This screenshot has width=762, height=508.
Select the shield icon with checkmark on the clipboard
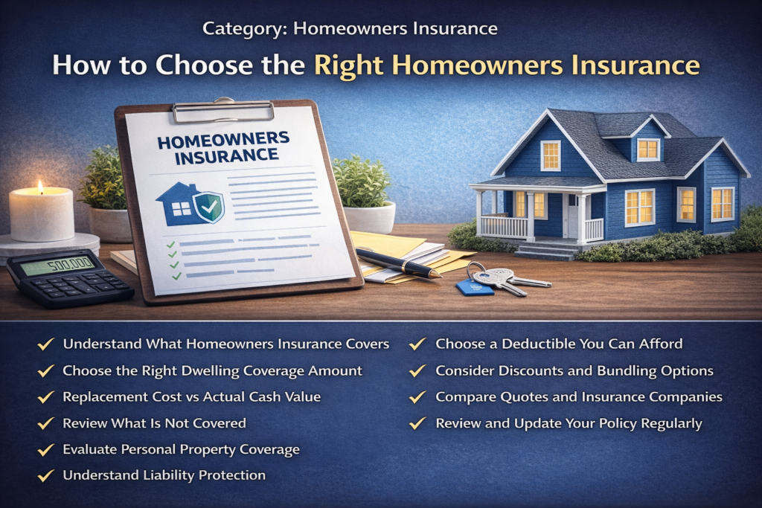[x=208, y=204]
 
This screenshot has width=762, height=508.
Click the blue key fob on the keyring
[x=473, y=287]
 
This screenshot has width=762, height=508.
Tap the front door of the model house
[x=571, y=215]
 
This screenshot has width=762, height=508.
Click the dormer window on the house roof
[x=647, y=149]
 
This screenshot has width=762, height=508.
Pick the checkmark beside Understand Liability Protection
[x=46, y=475]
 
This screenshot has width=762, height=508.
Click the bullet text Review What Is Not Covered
[x=154, y=423]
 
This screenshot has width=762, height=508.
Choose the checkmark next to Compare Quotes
[x=418, y=397]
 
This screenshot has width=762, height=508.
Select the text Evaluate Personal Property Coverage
[x=181, y=449]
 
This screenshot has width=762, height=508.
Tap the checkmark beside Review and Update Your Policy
[x=418, y=424]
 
